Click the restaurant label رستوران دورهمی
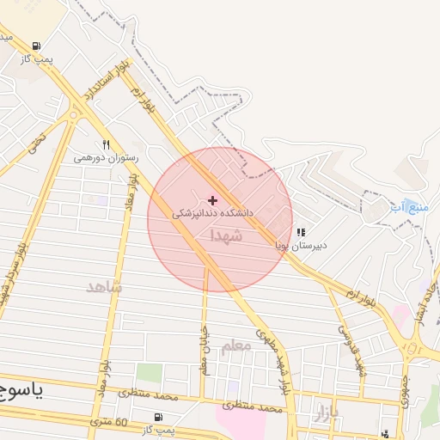pos(101,158)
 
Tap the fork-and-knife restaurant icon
pos(106,144)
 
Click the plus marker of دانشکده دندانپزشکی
pos(213,199)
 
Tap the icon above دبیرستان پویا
pos(301,232)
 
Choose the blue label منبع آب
pos(408,207)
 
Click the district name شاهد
pos(104,286)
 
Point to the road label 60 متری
pos(110,422)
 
